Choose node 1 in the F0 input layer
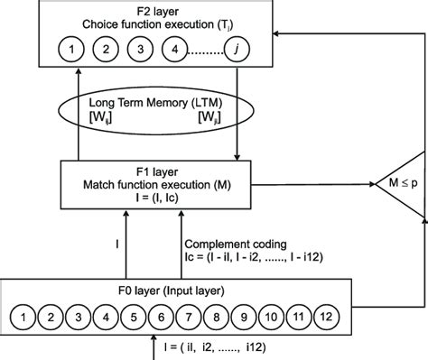[x=25, y=317]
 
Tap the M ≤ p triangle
[x=400, y=186]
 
